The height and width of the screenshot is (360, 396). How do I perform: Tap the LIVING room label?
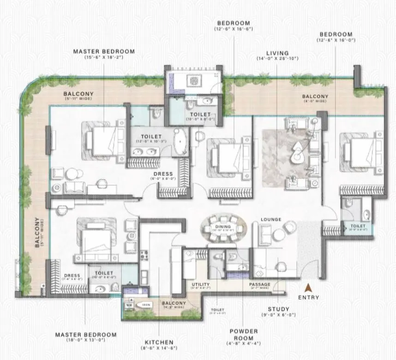(x=277, y=53)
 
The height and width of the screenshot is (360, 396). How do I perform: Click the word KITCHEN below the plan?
(x=158, y=342)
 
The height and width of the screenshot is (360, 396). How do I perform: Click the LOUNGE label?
(x=271, y=220)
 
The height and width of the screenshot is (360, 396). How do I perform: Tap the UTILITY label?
(x=200, y=284)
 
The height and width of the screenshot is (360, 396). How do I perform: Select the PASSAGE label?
(x=260, y=284)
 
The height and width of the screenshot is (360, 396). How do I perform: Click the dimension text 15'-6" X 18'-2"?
(x=104, y=58)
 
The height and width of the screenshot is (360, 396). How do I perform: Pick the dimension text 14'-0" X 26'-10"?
(x=277, y=59)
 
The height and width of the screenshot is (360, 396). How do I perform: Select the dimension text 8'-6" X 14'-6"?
(x=158, y=348)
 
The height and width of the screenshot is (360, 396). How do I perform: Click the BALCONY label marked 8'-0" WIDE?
(x=315, y=96)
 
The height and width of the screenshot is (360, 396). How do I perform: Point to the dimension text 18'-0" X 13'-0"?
(x=85, y=340)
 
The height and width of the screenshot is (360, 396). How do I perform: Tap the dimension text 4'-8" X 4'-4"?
(x=243, y=343)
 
